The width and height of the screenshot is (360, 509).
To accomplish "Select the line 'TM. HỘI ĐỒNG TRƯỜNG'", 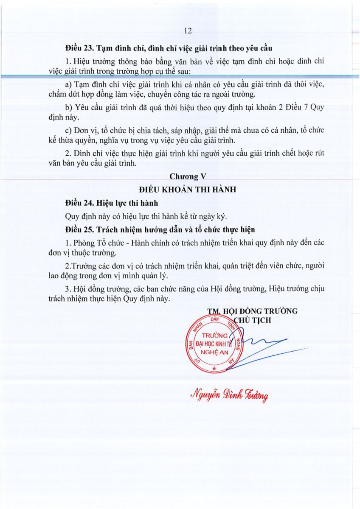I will coord(252,311).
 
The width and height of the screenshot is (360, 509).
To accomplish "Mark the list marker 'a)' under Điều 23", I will coord(69,84).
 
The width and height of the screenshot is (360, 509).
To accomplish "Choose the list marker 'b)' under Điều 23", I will coord(69,107).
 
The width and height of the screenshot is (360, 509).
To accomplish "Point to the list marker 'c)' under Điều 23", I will coord(68,130).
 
